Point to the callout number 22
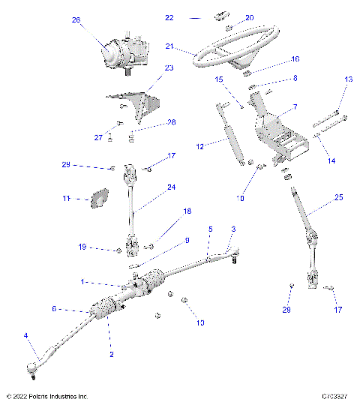pos(169,16)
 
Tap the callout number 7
pos(294,107)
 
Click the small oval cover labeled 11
pos(98,198)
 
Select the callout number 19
pos(83,247)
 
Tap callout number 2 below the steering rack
pos(111,353)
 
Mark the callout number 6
pos(53,308)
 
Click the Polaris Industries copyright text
pos(46,396)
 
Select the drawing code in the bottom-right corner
pos(337,396)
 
